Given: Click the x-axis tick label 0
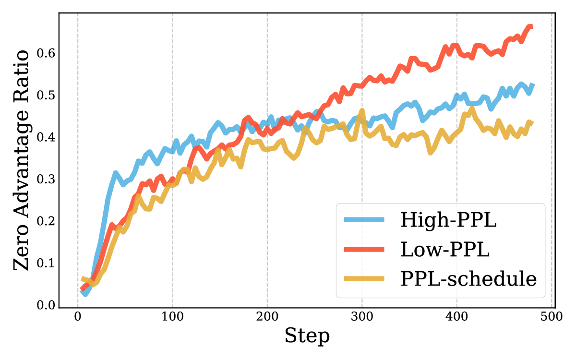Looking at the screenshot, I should tap(77, 317).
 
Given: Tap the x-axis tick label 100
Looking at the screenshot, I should tap(172, 317).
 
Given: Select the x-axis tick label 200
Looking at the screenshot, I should tap(267, 317).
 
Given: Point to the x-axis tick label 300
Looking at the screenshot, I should tap(361, 317).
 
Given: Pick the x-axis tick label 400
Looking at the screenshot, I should tap(456, 317).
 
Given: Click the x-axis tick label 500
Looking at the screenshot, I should tap(551, 317).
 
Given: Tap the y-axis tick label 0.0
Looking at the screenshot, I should tap(47, 305).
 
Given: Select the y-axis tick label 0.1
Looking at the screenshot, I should tap(47, 264).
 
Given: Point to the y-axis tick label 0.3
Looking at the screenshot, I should tap(47, 179).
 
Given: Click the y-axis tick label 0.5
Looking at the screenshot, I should tap(47, 95).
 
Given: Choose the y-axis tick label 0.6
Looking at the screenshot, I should tap(47, 52).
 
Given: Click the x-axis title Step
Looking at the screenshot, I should tap(307, 336).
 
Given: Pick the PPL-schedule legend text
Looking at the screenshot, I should tap(468, 278).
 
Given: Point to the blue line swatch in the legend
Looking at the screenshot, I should tap(365, 220).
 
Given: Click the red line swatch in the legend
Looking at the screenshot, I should tap(365, 249).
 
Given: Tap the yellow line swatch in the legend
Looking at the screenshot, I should tap(365, 278).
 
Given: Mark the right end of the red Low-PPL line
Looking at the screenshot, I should tap(531, 27).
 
